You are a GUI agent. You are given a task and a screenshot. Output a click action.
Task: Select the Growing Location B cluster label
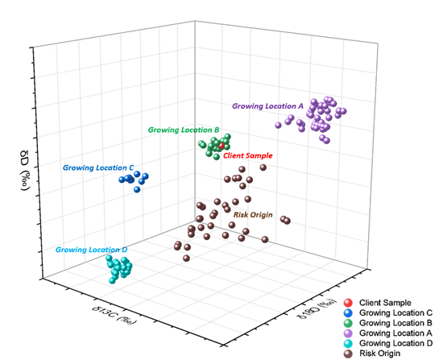184,130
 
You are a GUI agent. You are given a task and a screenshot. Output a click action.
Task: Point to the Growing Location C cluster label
97,168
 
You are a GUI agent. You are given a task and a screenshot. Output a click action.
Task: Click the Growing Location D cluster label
92,250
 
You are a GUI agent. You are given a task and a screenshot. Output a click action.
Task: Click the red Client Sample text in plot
248,155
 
